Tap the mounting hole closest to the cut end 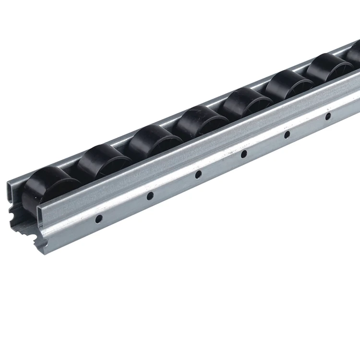[x=98, y=219]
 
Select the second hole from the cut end [x=150, y=195]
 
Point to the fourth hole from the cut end [x=244, y=154]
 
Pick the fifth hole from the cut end [x=287, y=135]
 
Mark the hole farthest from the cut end [x=328, y=116]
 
